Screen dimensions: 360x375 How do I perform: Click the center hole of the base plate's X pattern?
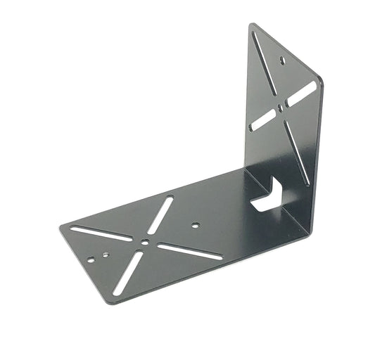tap(144, 241)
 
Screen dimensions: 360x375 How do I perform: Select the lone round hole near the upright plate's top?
tap(284, 60)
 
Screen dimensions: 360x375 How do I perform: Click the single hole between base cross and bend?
tap(195, 226)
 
